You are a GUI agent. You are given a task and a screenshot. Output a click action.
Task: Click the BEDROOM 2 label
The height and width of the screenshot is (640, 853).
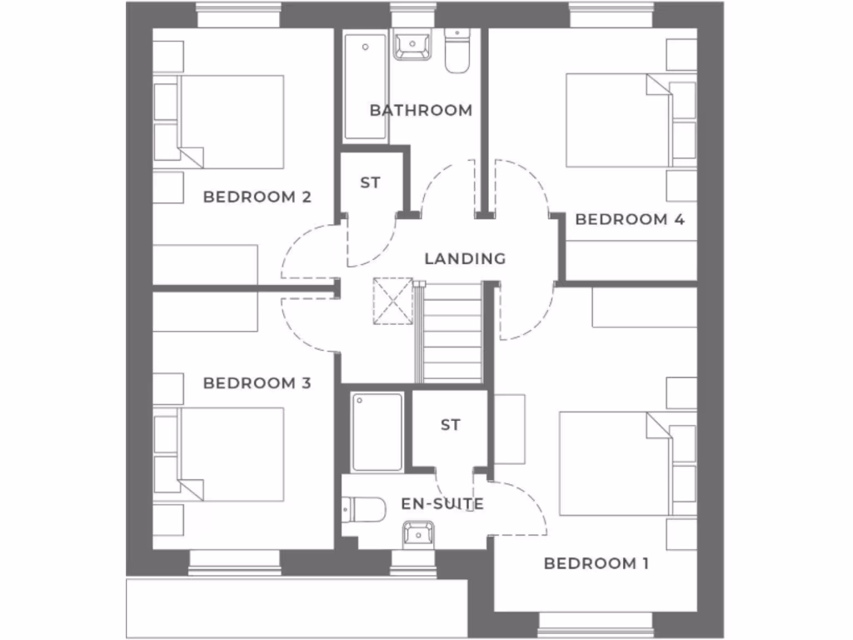pos(257,197)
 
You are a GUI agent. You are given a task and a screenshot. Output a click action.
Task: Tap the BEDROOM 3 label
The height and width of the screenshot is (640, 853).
pos(257,383)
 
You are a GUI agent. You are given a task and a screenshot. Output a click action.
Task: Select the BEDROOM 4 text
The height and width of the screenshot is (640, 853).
pos(630,220)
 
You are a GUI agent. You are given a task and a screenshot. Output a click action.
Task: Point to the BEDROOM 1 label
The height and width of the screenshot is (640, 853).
pos(596,564)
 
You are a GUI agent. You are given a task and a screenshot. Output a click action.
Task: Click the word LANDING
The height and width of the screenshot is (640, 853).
pos(465,258)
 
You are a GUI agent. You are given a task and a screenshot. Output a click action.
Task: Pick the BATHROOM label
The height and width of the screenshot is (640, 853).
pos(421,110)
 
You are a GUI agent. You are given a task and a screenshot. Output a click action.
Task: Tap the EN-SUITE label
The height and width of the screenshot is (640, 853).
pos(442,504)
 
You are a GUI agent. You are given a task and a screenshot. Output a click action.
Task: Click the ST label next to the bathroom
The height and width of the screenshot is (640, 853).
pos(370,182)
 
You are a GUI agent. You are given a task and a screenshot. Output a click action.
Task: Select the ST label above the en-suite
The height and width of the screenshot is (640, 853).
pos(450,425)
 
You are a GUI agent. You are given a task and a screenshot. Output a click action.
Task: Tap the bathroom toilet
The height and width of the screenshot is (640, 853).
pos(457,50)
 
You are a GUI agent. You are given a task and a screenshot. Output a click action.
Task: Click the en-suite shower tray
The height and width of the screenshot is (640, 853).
pos(377,432)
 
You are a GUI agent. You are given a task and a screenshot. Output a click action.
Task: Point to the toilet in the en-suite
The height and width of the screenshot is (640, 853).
pos(365,508)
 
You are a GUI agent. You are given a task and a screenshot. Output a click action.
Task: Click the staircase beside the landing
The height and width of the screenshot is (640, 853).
pos(452,333)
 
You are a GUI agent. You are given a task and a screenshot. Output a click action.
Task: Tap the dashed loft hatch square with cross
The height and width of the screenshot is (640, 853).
pos(393,298)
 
